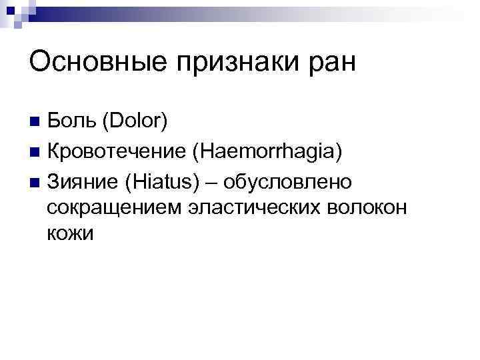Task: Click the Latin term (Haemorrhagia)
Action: [267, 152]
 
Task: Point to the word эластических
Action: [251, 208]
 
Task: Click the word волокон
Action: [371, 208]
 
